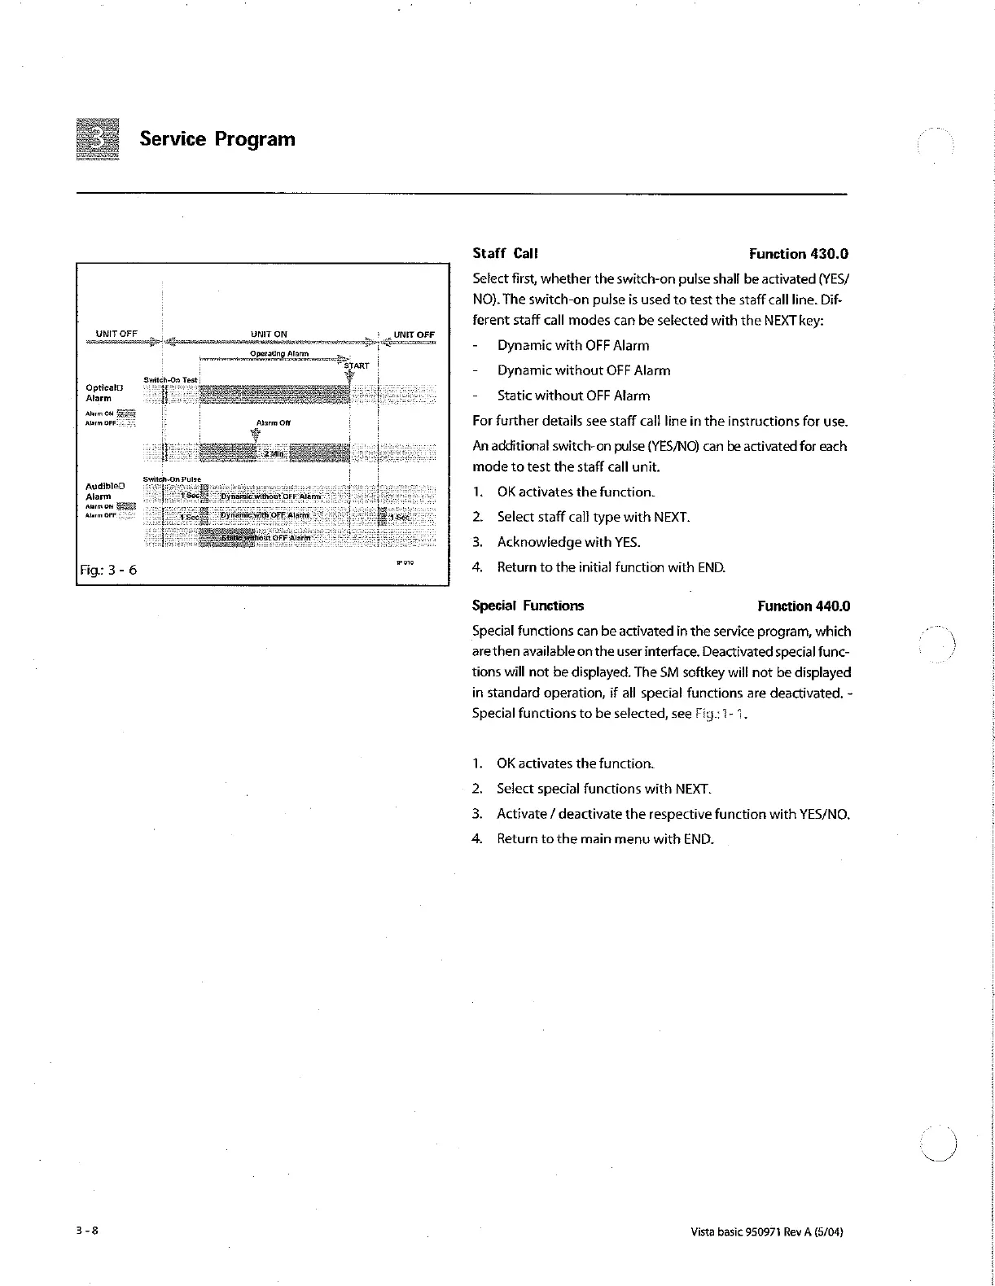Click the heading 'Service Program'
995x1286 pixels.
click(x=217, y=139)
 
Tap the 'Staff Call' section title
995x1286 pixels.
click(x=506, y=254)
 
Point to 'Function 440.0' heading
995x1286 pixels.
click(x=803, y=606)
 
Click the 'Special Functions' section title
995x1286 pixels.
click(x=528, y=606)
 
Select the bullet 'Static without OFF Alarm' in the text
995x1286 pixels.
click(x=573, y=396)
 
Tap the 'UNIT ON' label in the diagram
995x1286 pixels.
click(x=269, y=334)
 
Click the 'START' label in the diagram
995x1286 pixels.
click(x=357, y=366)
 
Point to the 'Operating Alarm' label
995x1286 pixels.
click(x=278, y=353)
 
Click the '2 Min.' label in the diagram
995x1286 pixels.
click(x=272, y=453)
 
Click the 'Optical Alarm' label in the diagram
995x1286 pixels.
click(x=103, y=393)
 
